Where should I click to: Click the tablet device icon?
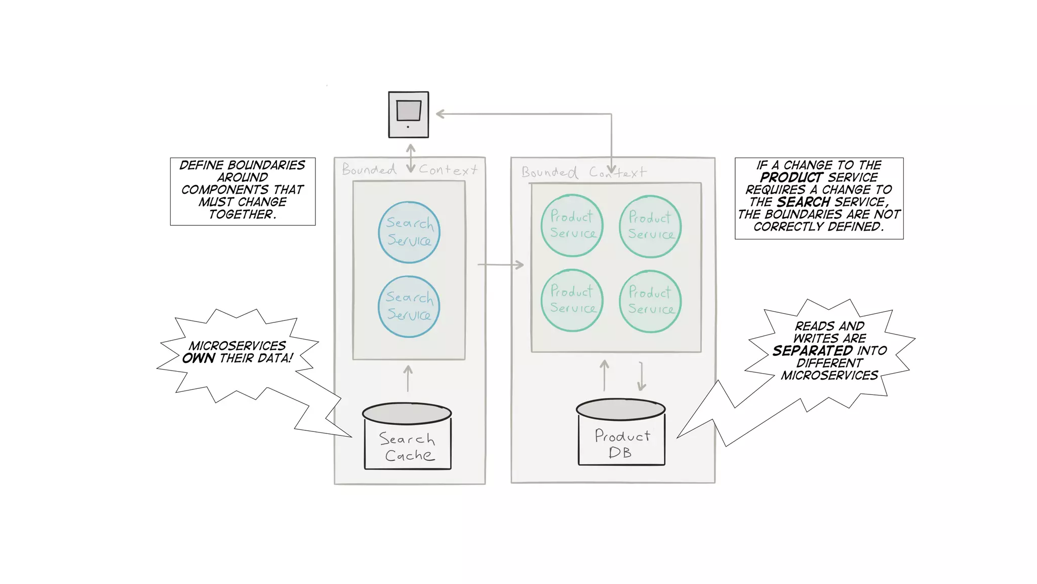(x=408, y=115)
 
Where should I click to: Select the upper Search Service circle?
(x=409, y=232)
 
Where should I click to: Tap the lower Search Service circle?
(x=409, y=307)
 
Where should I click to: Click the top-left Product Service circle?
(x=572, y=225)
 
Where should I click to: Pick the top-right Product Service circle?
(x=650, y=226)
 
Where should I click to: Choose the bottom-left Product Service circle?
(x=572, y=300)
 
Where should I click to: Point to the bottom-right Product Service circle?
(x=650, y=301)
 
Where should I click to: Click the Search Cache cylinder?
(x=408, y=436)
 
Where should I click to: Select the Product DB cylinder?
(x=621, y=432)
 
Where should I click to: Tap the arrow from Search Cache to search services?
(x=408, y=379)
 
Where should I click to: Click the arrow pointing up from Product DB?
(x=605, y=376)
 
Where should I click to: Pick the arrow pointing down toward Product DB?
(x=642, y=377)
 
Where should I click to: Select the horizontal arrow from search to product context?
(x=500, y=265)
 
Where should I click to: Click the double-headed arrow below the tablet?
(x=411, y=158)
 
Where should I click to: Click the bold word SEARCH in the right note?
(x=803, y=202)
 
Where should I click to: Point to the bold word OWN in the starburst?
(x=198, y=358)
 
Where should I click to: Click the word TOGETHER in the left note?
(x=241, y=214)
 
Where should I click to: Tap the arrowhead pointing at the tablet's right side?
(x=440, y=114)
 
